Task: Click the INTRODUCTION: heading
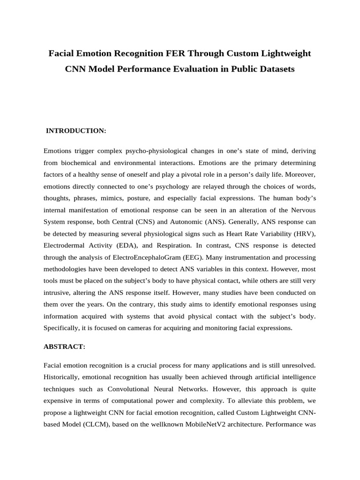click(x=76, y=131)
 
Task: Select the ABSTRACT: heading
click(x=64, y=346)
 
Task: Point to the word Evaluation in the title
click(x=206, y=69)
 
